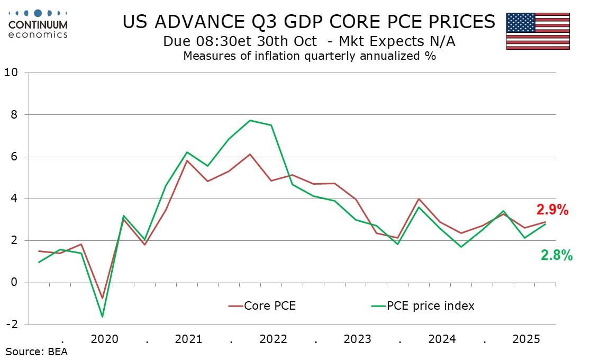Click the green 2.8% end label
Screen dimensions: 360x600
coord(557,256)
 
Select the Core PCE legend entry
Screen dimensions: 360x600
coord(262,305)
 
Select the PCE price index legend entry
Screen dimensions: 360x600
coord(423,305)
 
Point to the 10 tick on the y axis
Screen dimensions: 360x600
coord(12,73)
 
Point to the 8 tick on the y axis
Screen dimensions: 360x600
coord(15,114)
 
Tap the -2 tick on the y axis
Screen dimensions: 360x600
coord(12,325)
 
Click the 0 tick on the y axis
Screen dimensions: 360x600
coord(15,283)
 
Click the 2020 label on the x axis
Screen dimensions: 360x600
coord(104,338)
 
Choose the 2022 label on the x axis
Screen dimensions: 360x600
coord(274,338)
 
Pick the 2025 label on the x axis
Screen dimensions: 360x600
coord(526,338)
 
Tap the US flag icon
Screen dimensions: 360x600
coord(538,31)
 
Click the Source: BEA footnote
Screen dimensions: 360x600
coord(37,351)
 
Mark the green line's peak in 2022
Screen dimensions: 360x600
coord(250,120)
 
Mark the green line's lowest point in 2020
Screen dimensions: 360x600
coord(102,317)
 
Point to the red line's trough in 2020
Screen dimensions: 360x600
coord(102,299)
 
